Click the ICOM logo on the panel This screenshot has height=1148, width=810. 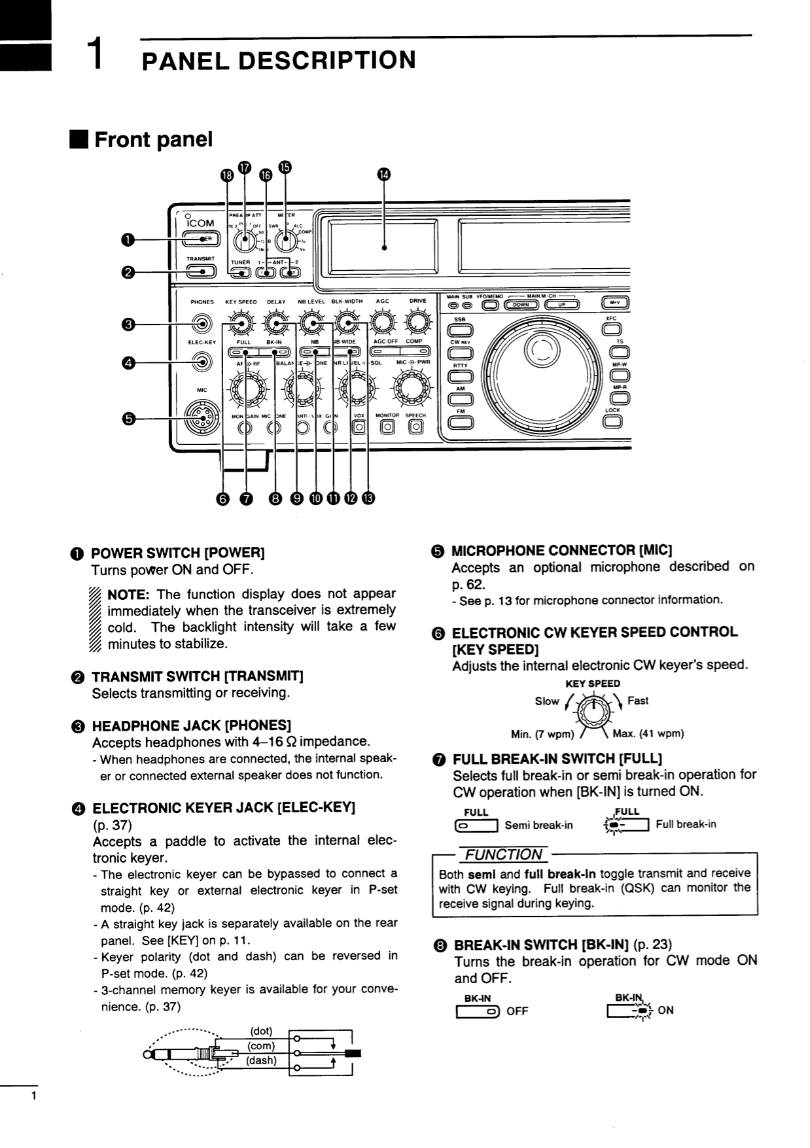coord(200,222)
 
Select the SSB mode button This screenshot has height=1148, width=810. coord(461,331)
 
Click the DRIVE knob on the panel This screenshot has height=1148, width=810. coord(417,322)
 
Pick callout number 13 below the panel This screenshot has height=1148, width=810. coord(368,499)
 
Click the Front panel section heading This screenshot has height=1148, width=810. coord(153,139)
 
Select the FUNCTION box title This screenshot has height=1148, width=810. coord(504,854)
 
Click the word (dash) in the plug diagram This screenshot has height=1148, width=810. coord(261,1060)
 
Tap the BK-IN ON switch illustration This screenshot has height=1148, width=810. coord(630,1011)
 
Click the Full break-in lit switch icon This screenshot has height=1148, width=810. coord(627,826)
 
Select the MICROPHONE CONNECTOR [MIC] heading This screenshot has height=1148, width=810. coord(561,550)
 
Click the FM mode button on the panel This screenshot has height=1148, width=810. coord(461,423)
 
